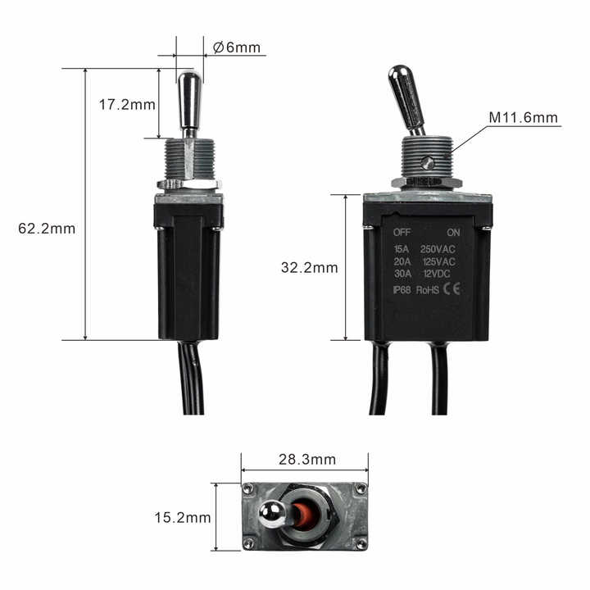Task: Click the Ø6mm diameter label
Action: click(x=237, y=48)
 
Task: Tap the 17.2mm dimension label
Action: click(x=127, y=105)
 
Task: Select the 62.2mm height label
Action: click(x=47, y=229)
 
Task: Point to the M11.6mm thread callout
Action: click(x=524, y=118)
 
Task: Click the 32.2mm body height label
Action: click(x=309, y=267)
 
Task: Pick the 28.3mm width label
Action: click(x=304, y=460)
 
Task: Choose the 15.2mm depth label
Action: click(x=183, y=518)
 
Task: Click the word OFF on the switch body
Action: click(x=402, y=232)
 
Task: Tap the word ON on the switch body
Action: click(x=454, y=232)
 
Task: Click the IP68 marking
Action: click(x=402, y=289)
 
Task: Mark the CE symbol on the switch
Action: click(x=452, y=288)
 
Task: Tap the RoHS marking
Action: click(x=428, y=289)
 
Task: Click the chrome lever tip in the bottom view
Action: click(x=270, y=515)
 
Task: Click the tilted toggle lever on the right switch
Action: click(x=406, y=98)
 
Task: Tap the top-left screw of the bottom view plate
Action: click(x=247, y=488)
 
